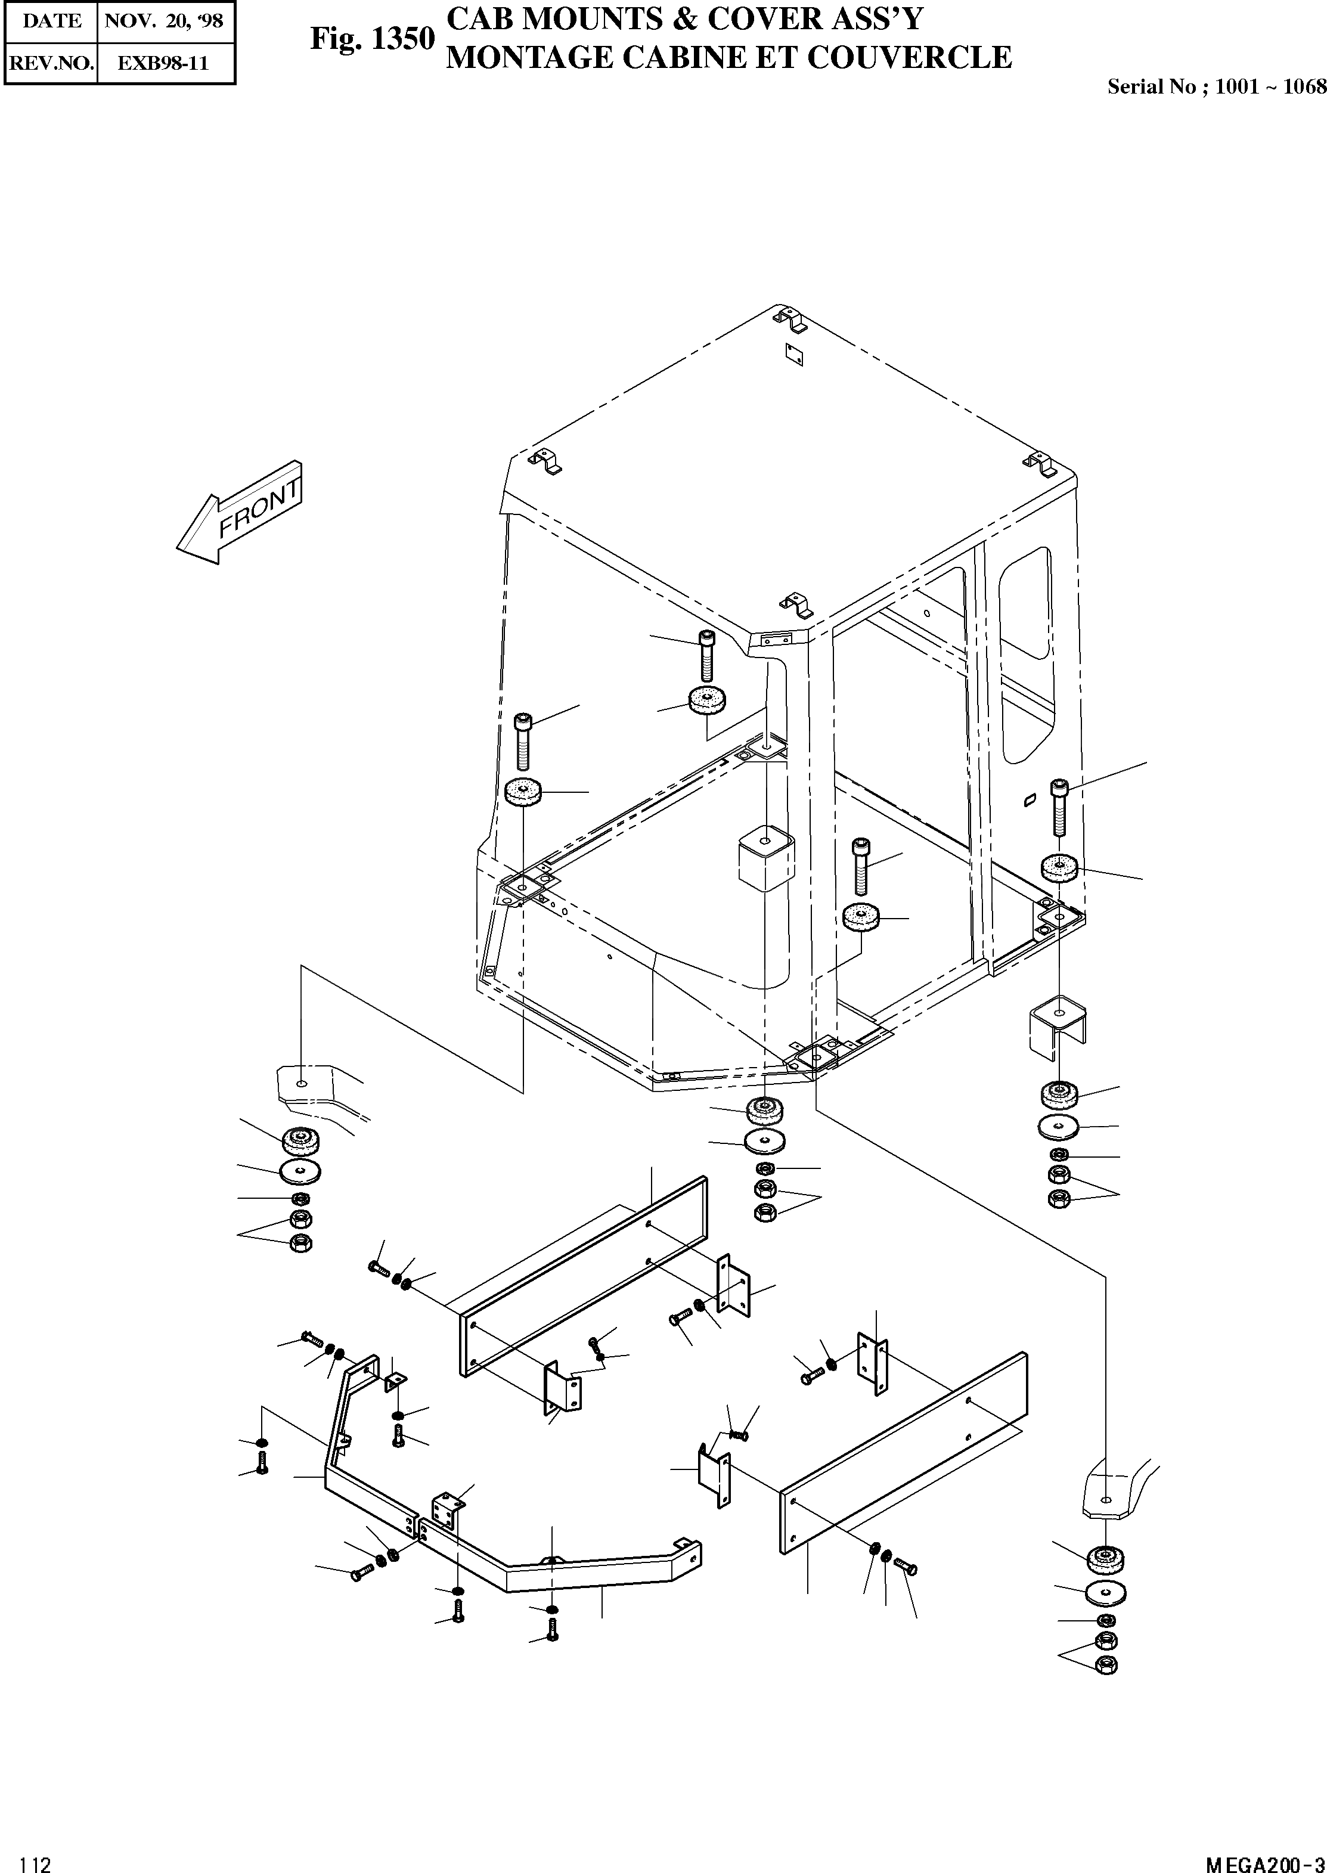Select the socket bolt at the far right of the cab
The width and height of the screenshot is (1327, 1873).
(x=1058, y=805)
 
